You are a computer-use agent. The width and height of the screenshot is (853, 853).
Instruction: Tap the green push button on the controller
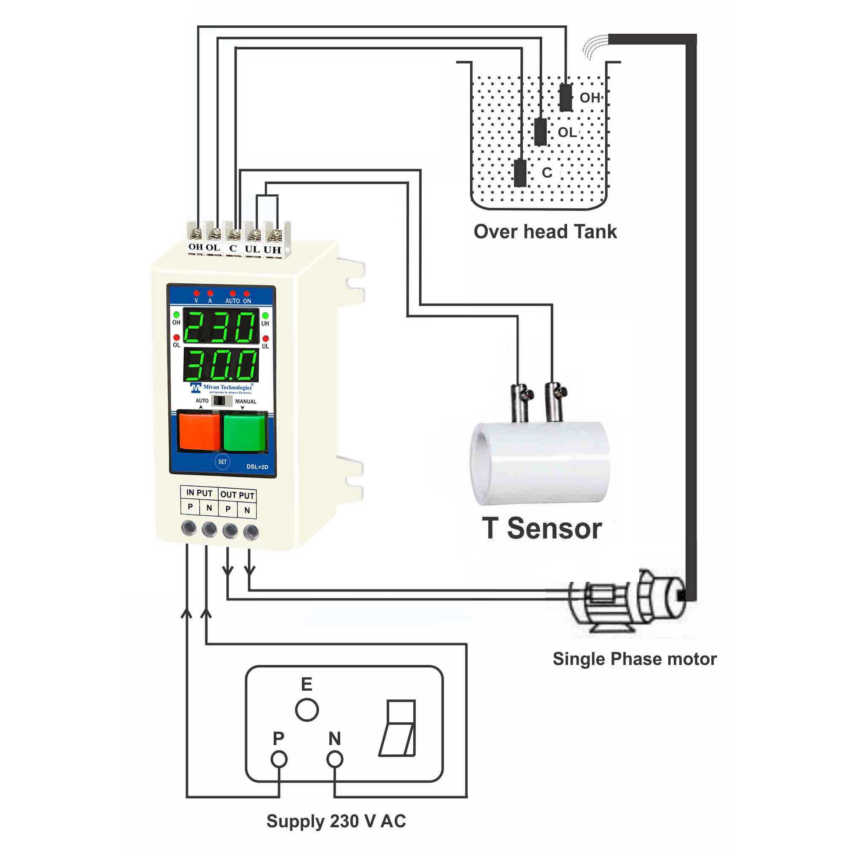point(244,431)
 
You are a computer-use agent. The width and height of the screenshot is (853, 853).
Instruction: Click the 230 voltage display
point(221,327)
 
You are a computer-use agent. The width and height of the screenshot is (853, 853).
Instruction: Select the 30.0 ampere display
point(221,365)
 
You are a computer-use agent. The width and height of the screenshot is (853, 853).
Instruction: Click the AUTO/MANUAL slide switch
point(222,401)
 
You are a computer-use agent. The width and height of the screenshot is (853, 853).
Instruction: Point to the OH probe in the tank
point(565,97)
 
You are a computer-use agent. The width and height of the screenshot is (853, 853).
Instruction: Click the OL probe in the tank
point(541,132)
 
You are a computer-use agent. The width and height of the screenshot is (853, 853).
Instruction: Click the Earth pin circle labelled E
point(307,710)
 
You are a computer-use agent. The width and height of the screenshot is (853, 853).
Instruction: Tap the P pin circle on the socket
point(279,759)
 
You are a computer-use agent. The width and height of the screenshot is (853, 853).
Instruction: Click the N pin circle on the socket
point(335,759)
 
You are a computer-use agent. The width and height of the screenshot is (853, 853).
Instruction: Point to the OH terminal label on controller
point(196,247)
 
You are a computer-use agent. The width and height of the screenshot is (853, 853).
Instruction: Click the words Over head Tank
point(545,232)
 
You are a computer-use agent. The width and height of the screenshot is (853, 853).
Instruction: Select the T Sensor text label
point(542,528)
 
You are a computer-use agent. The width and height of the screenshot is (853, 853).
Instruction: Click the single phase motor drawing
point(627,600)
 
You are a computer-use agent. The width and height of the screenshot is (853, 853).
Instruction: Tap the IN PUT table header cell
point(199,493)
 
